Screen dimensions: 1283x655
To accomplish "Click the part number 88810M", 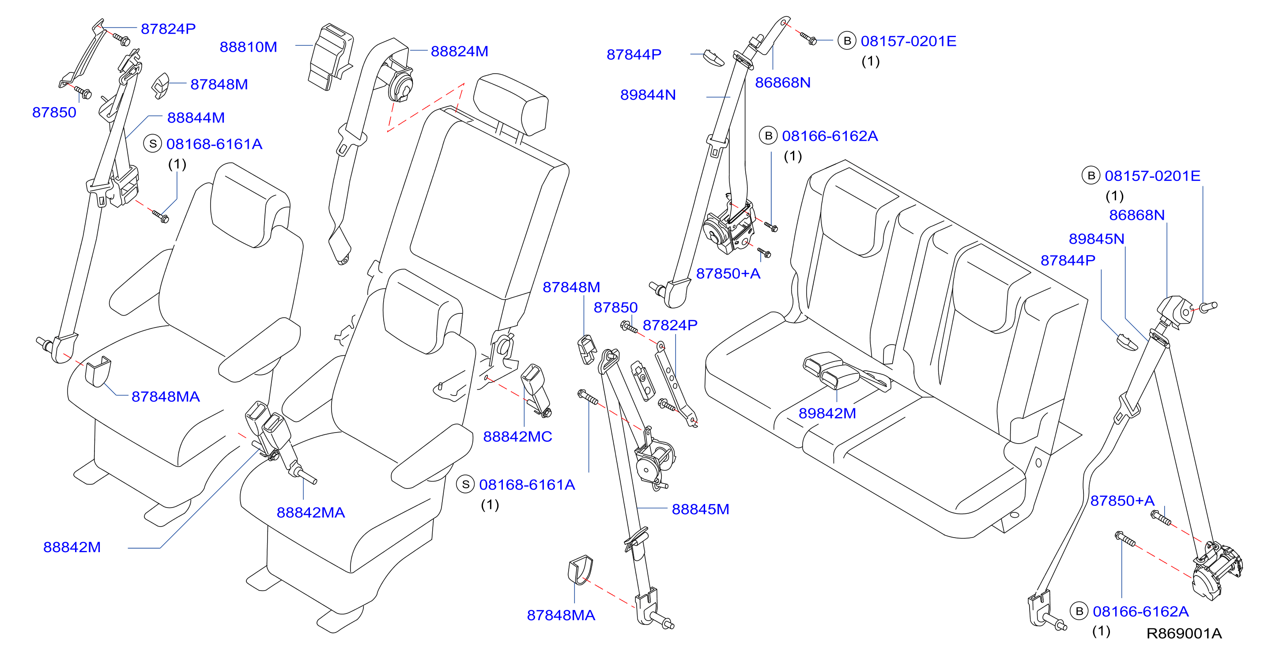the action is [x=248, y=47].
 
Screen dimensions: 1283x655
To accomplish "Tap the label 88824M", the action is [x=459, y=51].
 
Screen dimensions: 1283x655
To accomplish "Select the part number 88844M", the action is [x=196, y=117].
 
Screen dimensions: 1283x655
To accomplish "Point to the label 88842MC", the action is [x=517, y=437].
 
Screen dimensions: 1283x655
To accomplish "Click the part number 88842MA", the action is [x=311, y=512].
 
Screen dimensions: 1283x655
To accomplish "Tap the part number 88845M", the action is [x=700, y=509].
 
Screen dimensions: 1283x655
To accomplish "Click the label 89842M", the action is [x=827, y=413].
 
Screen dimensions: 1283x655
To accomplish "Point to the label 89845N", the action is [x=1096, y=239].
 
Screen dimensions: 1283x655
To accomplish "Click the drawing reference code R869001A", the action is [x=1184, y=633].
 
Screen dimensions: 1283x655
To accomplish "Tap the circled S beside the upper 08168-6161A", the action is [x=153, y=144].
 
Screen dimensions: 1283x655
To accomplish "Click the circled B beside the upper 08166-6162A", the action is [x=768, y=136].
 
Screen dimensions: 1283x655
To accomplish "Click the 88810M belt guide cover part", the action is [x=330, y=57].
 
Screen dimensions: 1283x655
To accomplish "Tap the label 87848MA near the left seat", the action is [x=166, y=396].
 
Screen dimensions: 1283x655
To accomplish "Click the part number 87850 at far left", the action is [x=54, y=112].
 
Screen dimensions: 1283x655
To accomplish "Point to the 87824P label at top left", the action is [x=168, y=29].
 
